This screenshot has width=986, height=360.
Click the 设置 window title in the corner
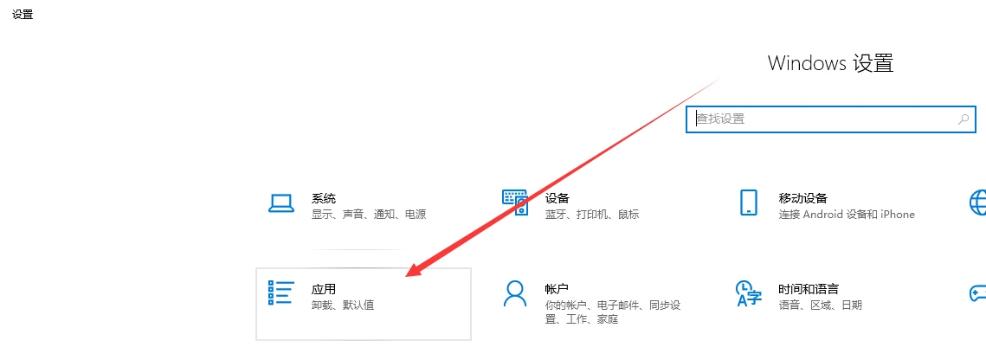23,15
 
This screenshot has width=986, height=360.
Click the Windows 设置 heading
830,63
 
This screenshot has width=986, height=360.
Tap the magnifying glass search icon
963,119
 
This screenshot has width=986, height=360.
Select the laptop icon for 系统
281,203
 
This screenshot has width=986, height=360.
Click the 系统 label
323,198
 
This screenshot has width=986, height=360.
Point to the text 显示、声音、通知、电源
369,215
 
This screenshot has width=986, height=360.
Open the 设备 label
557,198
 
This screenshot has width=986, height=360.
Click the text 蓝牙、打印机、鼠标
592,215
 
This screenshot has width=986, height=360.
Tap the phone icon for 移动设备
748,202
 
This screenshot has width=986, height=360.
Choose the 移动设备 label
803,198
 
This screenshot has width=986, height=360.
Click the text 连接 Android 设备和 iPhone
847,215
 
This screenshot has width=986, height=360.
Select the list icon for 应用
280,292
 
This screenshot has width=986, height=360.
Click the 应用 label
323,290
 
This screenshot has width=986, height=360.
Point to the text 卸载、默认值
343,306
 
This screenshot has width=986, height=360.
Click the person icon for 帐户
514,293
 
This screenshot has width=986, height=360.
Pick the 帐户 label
557,290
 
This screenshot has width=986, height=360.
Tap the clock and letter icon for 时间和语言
748,293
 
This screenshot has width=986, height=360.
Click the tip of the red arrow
406,277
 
